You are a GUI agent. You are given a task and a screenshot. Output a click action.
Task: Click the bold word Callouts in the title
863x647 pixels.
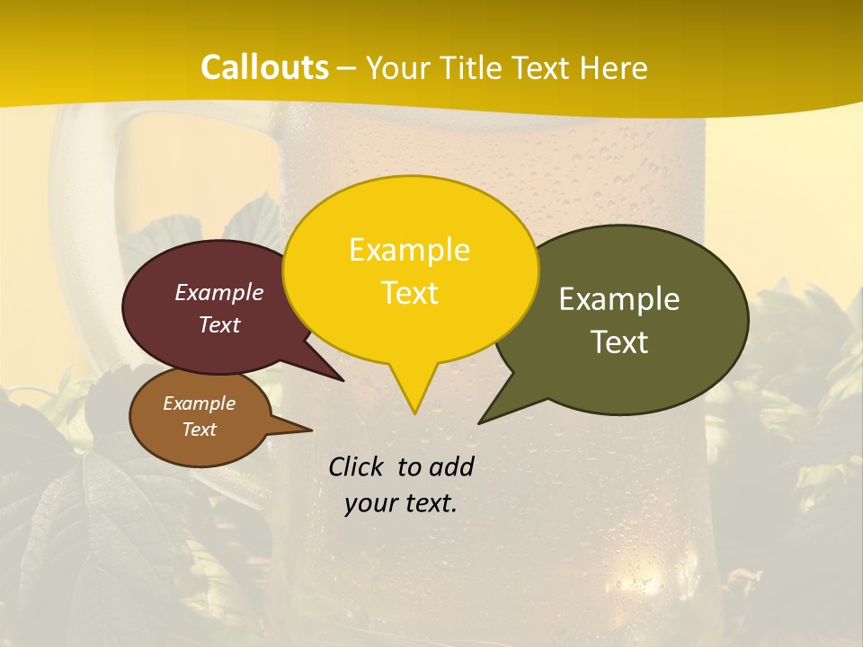point(264,67)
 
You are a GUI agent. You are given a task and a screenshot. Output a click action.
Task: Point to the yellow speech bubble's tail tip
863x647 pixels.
point(414,412)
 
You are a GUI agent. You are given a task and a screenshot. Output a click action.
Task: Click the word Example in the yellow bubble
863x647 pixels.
point(409,250)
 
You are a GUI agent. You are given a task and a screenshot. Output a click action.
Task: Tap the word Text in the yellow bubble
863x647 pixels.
point(410,293)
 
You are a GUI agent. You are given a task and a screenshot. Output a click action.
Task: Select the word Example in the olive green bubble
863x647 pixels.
point(619,299)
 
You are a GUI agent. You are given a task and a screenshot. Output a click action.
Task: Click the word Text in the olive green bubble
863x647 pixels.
point(620,342)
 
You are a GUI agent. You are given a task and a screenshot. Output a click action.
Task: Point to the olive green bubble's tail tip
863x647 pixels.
point(480,422)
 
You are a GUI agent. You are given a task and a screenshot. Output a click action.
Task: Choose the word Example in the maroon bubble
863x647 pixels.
point(219,292)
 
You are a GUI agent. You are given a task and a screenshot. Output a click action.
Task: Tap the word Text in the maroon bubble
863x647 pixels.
point(219,324)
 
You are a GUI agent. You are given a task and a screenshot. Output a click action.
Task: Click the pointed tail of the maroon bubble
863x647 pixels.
point(342,379)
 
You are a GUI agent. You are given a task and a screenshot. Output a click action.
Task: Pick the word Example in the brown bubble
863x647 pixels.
point(199,403)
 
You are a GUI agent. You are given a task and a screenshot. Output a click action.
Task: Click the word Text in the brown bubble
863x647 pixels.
point(199,430)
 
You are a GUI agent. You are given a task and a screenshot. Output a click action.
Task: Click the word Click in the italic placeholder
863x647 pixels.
point(359,466)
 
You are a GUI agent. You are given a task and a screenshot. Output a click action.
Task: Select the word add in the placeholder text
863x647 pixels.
point(451,466)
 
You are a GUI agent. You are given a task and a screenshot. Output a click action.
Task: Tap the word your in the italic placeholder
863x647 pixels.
point(367,503)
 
